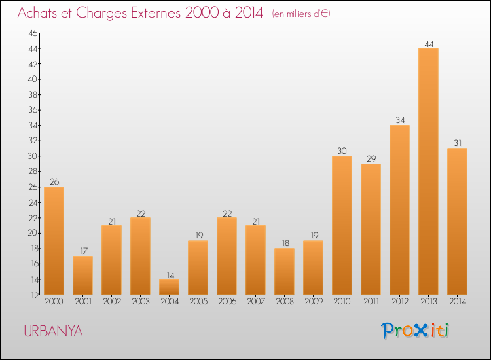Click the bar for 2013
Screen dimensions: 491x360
click(x=428, y=171)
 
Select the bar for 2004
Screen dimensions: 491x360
click(x=169, y=287)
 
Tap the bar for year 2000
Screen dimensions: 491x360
click(x=54, y=241)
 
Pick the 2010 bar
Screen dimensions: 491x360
click(x=342, y=225)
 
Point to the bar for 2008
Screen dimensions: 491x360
click(x=284, y=272)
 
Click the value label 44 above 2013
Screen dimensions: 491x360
click(x=429, y=44)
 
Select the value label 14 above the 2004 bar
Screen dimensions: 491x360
click(x=170, y=275)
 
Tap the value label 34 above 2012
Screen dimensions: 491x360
click(x=400, y=120)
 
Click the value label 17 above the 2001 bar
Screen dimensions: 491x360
click(x=84, y=251)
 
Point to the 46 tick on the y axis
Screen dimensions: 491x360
click(x=33, y=33)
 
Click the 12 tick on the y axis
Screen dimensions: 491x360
click(x=35, y=295)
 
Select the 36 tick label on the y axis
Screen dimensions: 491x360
click(x=33, y=110)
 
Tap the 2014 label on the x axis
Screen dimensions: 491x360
click(x=458, y=302)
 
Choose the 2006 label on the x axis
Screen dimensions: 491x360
click(x=227, y=302)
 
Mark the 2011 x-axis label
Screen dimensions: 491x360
click(x=371, y=302)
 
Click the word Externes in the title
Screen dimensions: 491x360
click(x=156, y=13)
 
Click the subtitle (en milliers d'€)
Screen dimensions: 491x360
click(x=301, y=14)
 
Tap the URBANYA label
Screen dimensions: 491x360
click(x=53, y=331)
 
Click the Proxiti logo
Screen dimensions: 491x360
click(x=415, y=331)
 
